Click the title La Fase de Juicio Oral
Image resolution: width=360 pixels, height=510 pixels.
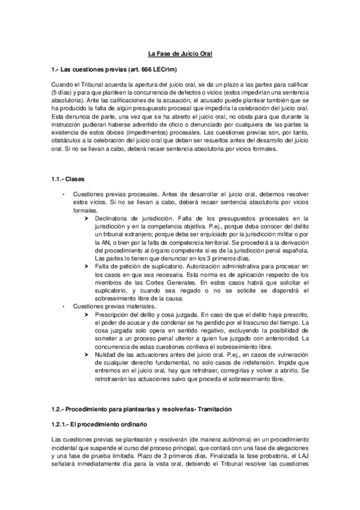tap(180, 55)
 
